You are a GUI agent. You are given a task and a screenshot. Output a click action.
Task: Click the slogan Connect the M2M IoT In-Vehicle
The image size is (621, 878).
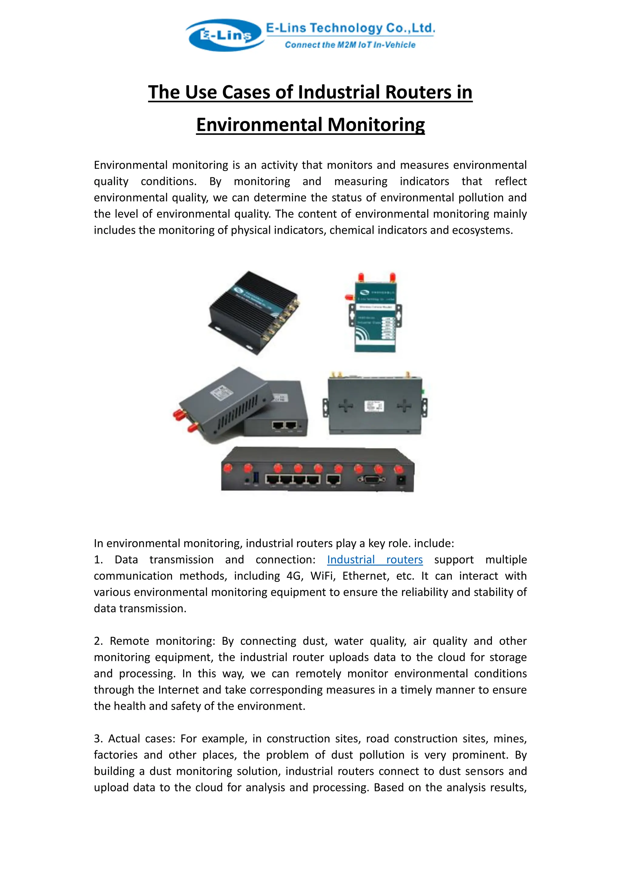tap(350, 45)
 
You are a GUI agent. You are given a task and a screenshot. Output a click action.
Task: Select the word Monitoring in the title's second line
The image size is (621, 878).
tap(376, 125)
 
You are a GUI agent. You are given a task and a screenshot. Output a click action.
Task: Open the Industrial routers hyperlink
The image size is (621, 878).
tap(374, 559)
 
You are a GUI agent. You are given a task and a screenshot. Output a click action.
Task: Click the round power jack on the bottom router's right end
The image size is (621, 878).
tap(401, 480)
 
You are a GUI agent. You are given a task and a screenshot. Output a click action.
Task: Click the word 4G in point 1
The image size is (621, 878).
tap(294, 576)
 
